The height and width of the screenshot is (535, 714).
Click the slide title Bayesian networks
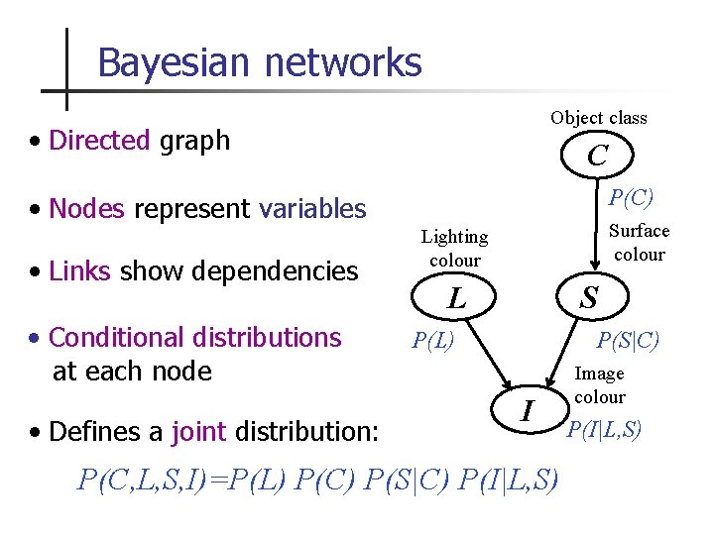(x=260, y=62)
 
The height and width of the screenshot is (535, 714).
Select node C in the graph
(x=597, y=156)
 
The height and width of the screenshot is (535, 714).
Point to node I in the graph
(x=529, y=409)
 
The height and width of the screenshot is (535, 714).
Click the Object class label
(x=599, y=118)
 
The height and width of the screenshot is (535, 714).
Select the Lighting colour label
(x=454, y=249)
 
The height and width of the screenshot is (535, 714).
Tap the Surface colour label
(x=639, y=243)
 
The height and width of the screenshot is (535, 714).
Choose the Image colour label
(x=600, y=385)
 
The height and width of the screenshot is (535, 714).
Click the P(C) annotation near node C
(x=631, y=197)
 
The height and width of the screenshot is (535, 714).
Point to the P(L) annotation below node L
(x=433, y=342)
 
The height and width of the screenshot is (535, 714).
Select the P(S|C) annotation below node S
(x=628, y=342)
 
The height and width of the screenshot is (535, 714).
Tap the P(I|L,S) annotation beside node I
(x=604, y=429)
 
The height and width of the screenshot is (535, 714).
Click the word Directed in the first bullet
(x=99, y=141)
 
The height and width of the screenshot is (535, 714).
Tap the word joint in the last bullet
(x=198, y=432)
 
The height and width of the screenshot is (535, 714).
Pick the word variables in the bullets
(x=312, y=209)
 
